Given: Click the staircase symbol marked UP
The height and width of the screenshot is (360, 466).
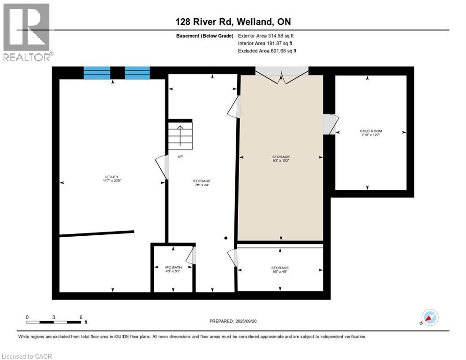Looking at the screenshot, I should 180,135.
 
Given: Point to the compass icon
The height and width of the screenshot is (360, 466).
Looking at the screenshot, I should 429,317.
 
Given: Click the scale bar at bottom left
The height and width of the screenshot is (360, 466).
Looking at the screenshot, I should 54,322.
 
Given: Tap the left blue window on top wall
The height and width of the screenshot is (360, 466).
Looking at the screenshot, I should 97,73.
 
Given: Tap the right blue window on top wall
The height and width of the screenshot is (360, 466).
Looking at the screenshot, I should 137,73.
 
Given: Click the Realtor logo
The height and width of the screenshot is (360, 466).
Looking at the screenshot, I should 26,32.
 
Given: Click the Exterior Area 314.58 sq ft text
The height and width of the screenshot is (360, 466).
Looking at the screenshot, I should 266,36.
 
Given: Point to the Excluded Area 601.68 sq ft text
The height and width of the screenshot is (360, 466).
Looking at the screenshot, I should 267,51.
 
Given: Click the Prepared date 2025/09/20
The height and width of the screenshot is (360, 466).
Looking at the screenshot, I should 233,321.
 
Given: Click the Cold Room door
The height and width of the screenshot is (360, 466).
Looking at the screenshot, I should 331,124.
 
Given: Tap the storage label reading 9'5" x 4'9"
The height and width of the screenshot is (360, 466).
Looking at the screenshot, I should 280,270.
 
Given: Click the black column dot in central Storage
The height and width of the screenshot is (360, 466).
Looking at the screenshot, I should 225,238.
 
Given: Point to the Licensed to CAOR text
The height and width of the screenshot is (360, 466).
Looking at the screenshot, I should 27,356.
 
